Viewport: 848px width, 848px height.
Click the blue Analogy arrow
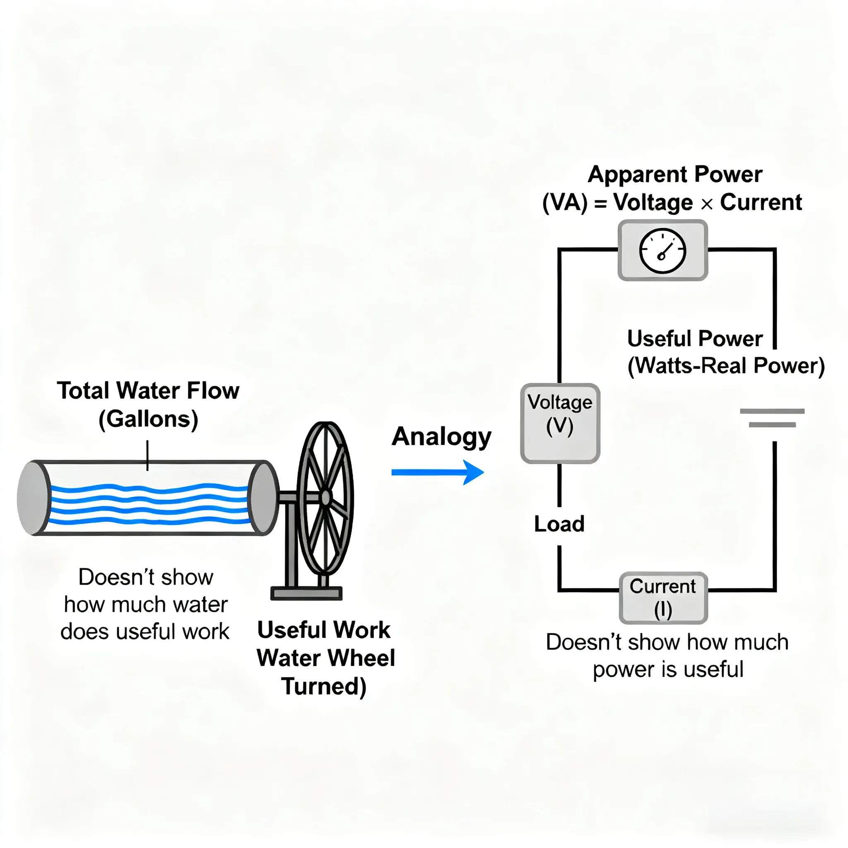tap(437, 472)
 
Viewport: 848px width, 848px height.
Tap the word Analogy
tap(441, 437)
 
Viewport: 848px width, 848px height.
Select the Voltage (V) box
tap(560, 423)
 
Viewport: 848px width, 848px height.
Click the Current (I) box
tap(663, 597)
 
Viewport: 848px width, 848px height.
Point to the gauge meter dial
tap(662, 251)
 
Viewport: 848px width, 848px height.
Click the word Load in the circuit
tap(559, 524)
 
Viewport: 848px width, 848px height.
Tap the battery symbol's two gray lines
tap(772, 418)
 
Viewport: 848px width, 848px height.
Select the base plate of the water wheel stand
tap(306, 593)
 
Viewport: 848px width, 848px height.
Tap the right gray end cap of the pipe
tap(263, 498)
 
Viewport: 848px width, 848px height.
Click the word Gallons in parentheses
tap(148, 419)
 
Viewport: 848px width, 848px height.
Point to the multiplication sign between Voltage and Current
tap(707, 204)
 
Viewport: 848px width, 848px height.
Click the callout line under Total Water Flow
tap(147, 455)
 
